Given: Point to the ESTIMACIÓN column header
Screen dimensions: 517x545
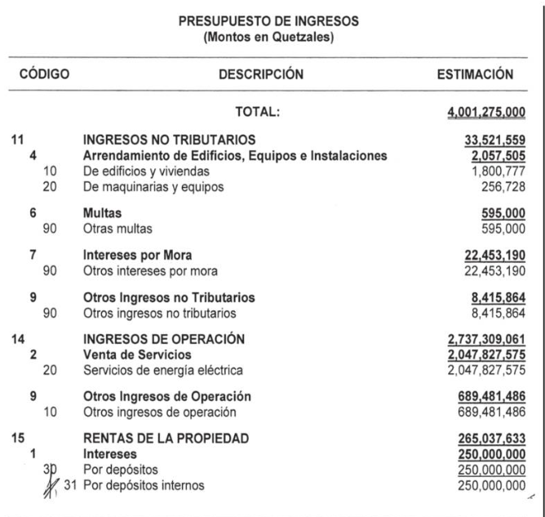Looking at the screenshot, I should click(x=475, y=75).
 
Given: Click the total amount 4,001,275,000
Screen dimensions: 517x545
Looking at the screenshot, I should click(x=485, y=113).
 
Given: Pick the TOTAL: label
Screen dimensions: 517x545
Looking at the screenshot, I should click(x=257, y=113).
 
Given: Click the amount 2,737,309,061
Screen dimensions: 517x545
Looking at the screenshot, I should click(x=485, y=339).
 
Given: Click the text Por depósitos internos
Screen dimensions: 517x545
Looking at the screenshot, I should click(x=155, y=488).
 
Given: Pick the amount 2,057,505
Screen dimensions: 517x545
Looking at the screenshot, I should click(x=498, y=155).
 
